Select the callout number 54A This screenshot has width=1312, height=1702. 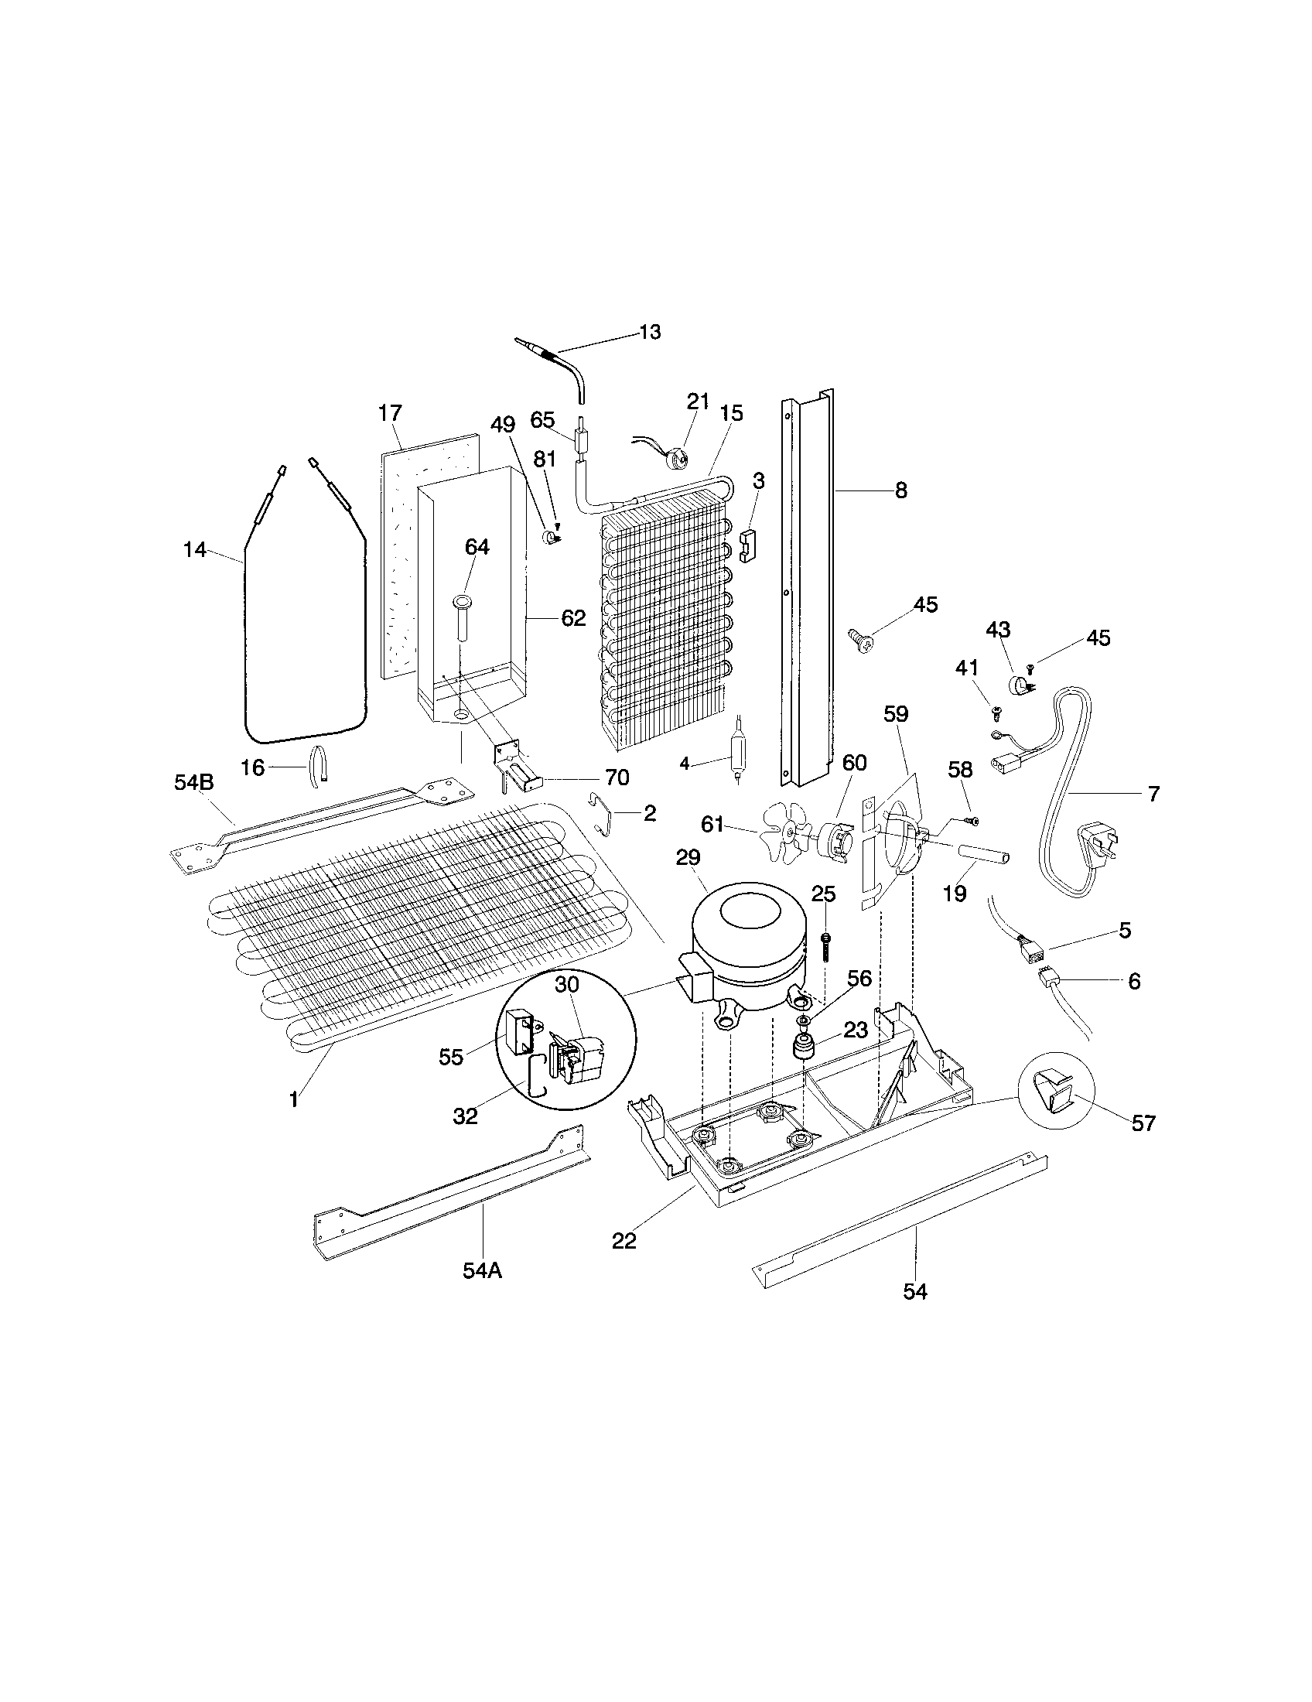click(482, 1270)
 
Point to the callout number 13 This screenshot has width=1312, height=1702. click(650, 333)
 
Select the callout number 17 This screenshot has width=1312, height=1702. click(391, 413)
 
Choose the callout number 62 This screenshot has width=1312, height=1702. click(573, 618)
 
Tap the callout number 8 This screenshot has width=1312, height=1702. click(900, 491)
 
